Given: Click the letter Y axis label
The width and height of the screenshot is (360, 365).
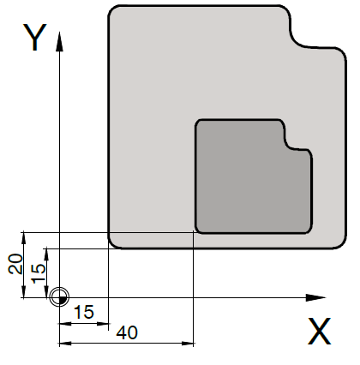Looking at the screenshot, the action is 35,37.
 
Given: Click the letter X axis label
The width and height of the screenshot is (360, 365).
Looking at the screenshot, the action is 319,332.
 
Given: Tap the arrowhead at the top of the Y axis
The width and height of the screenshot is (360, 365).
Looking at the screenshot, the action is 59,42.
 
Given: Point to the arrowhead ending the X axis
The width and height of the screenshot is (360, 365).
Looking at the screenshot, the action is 315,297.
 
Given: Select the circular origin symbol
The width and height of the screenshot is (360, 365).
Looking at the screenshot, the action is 59,297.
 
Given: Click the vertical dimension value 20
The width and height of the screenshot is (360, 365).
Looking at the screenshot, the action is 15,264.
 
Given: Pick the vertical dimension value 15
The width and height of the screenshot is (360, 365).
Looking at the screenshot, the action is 39,273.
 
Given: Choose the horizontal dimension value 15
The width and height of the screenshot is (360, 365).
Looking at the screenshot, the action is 84,312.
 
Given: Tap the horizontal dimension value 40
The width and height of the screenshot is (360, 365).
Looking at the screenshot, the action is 127,332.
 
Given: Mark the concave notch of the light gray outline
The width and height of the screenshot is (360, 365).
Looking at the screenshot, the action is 298,39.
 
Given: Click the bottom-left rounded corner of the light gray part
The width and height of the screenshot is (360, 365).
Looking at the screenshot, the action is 113,243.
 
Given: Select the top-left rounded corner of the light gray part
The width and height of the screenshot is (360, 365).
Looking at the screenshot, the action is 113,10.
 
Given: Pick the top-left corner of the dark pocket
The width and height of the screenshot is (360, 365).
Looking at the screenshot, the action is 198,123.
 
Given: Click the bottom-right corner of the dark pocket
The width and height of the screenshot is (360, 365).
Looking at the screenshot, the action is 309,230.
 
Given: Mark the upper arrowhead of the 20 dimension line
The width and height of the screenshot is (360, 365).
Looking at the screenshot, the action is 24,237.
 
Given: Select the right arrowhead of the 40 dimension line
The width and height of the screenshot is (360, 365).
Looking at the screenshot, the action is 188,343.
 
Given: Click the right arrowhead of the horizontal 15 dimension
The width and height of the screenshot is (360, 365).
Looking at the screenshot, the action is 104,324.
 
